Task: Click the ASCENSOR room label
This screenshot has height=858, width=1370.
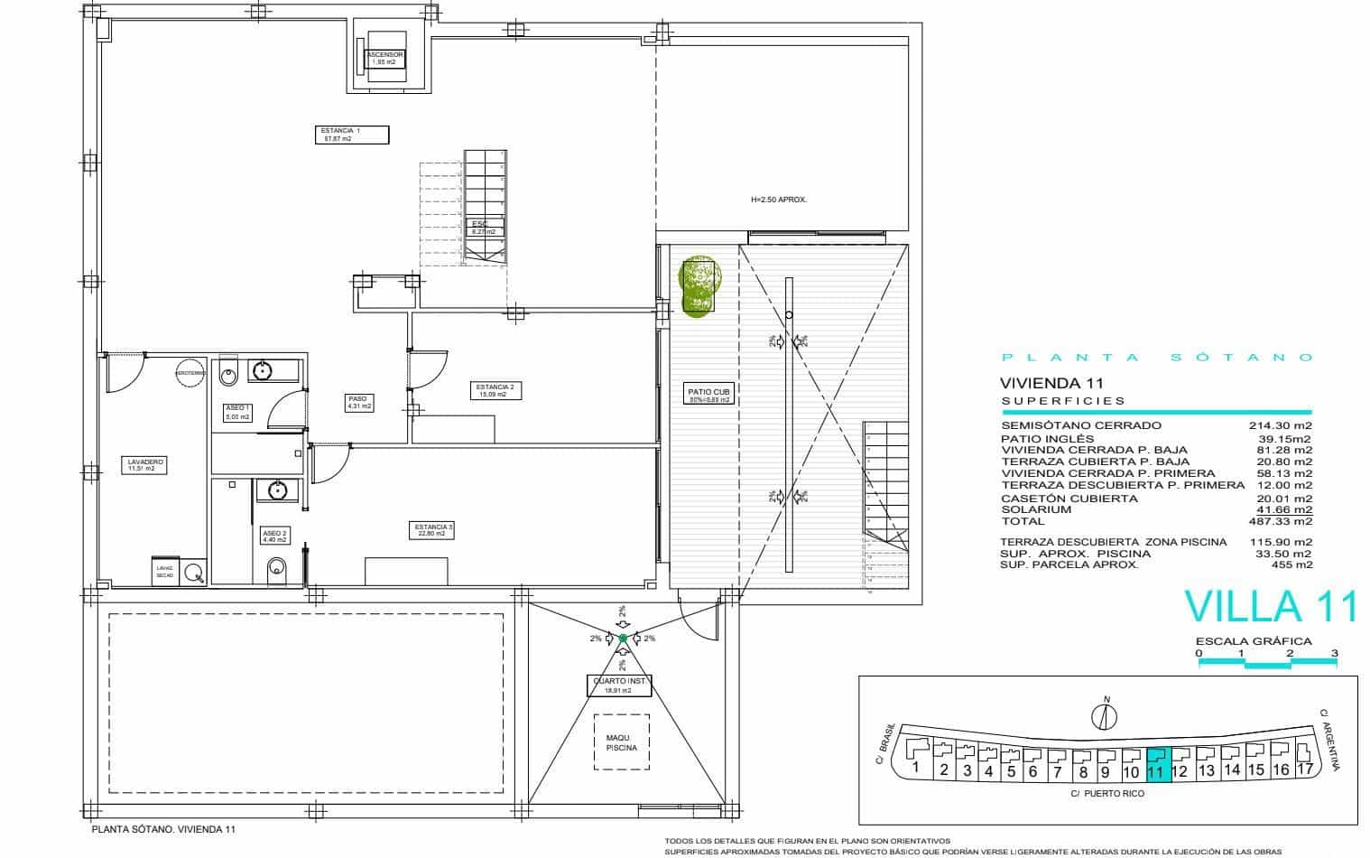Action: pos(384,59)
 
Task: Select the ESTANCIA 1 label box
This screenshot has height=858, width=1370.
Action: pos(353,135)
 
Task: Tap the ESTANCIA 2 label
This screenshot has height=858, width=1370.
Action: pos(495,390)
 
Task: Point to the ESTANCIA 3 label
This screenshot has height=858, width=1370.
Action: pos(433,530)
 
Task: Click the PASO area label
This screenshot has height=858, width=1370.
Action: pos(358,402)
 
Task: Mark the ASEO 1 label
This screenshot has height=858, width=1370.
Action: pos(238,413)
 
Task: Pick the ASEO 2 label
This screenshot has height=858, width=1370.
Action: pos(274,536)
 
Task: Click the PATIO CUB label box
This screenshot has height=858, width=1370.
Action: pos(708,394)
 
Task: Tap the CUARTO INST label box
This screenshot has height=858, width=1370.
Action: pos(618,685)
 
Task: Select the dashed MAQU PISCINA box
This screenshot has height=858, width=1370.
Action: pos(622,742)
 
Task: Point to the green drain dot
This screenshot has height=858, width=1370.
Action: pos(623,639)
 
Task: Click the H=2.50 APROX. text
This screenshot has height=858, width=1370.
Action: pos(778,200)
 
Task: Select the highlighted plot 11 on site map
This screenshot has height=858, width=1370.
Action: pos(1157,764)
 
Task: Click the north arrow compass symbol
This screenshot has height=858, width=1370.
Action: pos(1104,715)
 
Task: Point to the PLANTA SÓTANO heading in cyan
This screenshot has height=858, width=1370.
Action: pos(1157,358)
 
